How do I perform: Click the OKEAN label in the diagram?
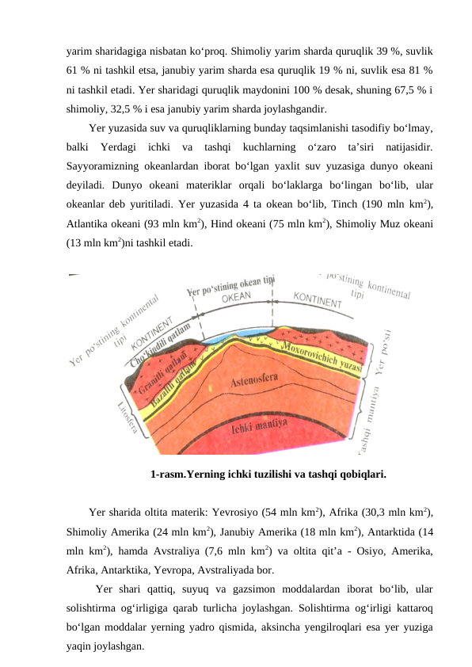coord(236,296)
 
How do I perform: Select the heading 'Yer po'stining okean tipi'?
coord(230,284)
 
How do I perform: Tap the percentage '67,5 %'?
coord(399,90)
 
